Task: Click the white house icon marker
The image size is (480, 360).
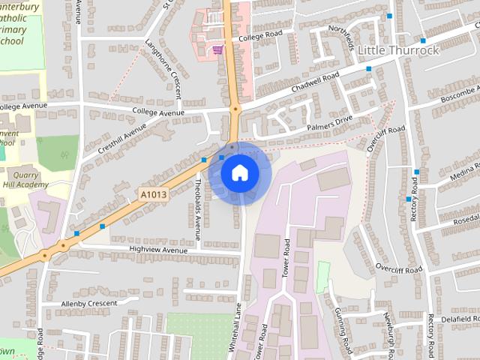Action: pyautogui.click(x=239, y=173)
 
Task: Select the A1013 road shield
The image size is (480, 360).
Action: pyautogui.click(x=153, y=194)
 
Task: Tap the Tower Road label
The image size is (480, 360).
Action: pyautogui.click(x=286, y=259)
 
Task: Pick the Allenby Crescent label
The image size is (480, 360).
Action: pyautogui.click(x=89, y=303)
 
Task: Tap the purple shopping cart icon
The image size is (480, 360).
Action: pyautogui.click(x=217, y=49)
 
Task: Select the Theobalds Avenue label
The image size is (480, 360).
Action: pyautogui.click(x=198, y=203)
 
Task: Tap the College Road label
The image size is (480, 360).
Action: pyautogui.click(x=260, y=36)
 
